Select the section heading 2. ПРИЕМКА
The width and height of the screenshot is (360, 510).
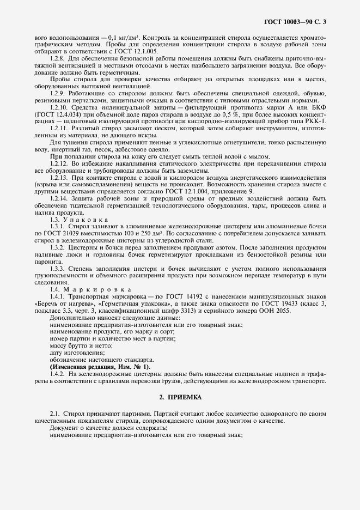(180, 398)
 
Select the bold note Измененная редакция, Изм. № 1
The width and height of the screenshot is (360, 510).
(100, 367)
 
